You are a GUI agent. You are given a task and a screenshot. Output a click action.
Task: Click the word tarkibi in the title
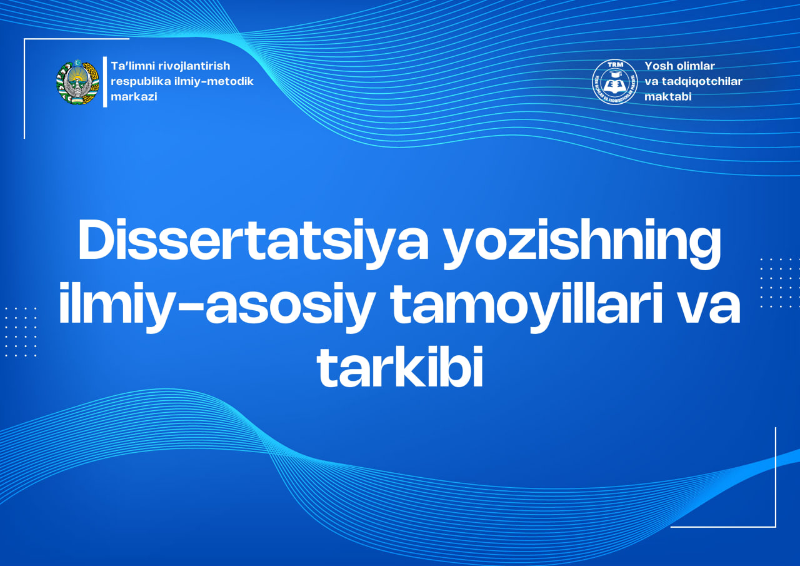pyautogui.click(x=400, y=369)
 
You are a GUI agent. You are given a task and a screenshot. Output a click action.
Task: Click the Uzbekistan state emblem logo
pyautogui.click(x=77, y=82)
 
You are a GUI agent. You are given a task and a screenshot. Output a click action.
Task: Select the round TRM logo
pyautogui.click(x=614, y=82)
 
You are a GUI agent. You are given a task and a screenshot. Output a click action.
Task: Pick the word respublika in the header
pyautogui.click(x=139, y=81)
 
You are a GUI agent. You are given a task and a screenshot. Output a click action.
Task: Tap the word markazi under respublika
pyautogui.click(x=134, y=97)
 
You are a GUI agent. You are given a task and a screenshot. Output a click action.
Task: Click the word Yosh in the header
pyautogui.click(x=657, y=66)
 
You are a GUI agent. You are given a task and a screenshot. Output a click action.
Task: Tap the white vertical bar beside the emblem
pyautogui.click(x=105, y=82)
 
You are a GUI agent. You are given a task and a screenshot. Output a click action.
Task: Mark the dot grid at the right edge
pyautogui.click(x=779, y=283)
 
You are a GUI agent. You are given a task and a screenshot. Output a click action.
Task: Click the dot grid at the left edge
pyautogui.click(x=21, y=331)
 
